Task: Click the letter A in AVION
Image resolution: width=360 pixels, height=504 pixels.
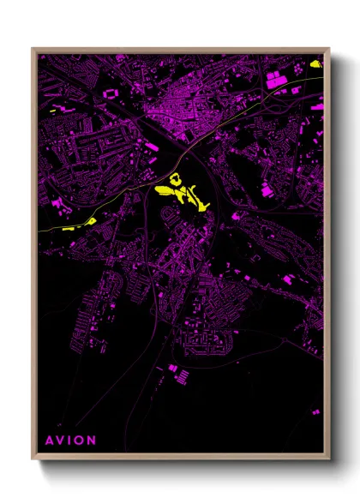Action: tap(48, 441)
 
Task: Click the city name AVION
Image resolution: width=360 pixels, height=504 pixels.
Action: tap(70, 441)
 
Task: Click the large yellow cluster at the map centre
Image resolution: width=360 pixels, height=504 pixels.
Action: tap(183, 193)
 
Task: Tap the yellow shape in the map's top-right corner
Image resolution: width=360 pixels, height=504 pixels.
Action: tap(315, 63)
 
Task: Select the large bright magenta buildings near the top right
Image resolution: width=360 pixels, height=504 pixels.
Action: tap(276, 81)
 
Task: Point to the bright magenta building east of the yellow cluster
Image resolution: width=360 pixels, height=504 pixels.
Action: tap(266, 189)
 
